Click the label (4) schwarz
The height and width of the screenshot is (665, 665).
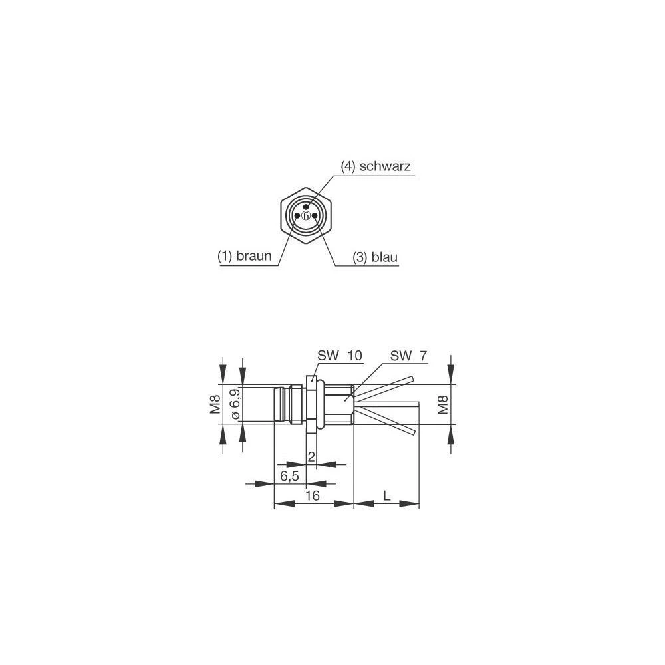click(x=376, y=167)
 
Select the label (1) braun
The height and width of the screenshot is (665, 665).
click(x=245, y=256)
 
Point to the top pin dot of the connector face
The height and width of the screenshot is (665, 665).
click(x=305, y=207)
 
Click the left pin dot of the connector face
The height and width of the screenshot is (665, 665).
click(x=297, y=216)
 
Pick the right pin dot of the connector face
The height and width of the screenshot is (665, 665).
click(x=314, y=216)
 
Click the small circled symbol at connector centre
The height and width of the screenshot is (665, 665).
click(x=305, y=216)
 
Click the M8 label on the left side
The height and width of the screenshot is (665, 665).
click(x=215, y=404)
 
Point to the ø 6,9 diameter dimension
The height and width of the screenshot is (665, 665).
click(x=234, y=404)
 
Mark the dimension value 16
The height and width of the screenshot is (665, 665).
click(x=313, y=496)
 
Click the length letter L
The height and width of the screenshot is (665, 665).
click(x=386, y=495)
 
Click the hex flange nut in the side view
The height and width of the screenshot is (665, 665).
click(x=310, y=404)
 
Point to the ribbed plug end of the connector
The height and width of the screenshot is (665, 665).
click(x=285, y=404)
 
